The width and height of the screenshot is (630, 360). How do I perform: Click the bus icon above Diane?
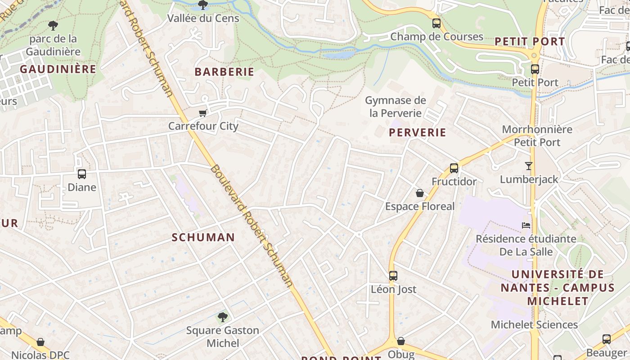click(x=81, y=174)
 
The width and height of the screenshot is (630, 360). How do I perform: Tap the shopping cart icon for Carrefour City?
click(x=203, y=112)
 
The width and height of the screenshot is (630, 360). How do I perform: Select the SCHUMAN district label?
click(x=203, y=237)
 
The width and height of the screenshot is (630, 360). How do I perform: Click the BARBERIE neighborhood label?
click(x=224, y=72)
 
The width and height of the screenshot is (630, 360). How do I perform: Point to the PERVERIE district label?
click(x=418, y=132)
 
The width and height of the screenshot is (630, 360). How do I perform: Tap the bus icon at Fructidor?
click(x=454, y=168)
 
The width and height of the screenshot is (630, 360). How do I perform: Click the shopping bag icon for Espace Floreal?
click(x=420, y=193)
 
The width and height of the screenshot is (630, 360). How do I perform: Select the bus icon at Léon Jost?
click(x=393, y=275)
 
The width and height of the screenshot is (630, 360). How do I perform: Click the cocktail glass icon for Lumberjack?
click(x=529, y=166)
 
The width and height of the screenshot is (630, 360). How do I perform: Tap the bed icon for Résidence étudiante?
click(x=526, y=225)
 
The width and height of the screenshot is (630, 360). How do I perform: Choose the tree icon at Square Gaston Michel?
click(x=222, y=317)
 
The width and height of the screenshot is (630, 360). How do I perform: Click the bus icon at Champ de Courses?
click(x=436, y=23)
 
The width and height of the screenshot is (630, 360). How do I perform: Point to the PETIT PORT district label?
click(x=530, y=41)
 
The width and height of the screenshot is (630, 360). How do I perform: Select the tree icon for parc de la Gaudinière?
click(x=53, y=25)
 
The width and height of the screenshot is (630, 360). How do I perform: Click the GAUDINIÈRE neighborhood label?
click(x=58, y=69)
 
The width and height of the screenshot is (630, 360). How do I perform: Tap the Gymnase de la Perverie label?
click(x=395, y=107)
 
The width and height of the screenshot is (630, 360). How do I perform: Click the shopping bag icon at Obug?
click(x=400, y=341)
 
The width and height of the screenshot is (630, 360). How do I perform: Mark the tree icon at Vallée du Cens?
click(x=203, y=5)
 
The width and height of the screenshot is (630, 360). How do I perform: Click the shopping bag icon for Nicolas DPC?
click(x=40, y=342)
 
